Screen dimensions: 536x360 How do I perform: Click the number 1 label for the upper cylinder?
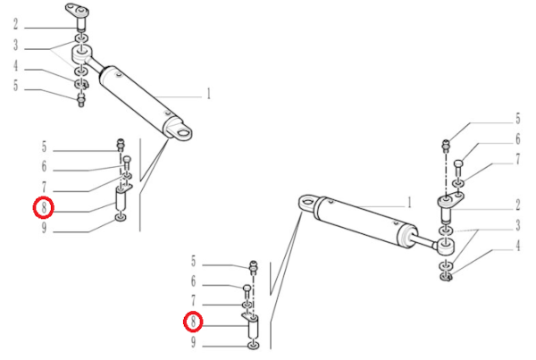coord(208,94)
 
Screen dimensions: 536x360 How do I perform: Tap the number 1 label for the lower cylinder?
coord(409,203)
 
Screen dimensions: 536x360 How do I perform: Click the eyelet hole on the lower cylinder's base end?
coord(307,201)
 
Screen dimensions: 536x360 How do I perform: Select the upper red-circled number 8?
coord(44,207)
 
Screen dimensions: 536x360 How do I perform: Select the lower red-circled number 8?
coord(194,322)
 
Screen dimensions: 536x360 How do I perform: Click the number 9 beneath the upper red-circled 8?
coord(44,228)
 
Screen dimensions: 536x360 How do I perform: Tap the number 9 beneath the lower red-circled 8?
coord(194,342)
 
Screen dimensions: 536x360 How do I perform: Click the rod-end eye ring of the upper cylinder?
coord(81,54)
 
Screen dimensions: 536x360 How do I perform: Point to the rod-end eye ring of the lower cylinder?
coord(446,247)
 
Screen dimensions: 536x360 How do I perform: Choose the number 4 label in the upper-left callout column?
coord(15,65)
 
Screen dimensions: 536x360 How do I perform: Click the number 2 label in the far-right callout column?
coord(517,205)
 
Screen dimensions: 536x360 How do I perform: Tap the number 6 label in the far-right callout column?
coord(517,139)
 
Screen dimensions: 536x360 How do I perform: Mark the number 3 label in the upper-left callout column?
coord(15,45)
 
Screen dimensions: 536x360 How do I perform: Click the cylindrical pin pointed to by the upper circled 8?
coord(121,201)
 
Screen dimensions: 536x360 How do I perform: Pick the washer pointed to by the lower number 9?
coord(253,346)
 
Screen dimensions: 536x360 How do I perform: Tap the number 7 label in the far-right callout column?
coord(517,159)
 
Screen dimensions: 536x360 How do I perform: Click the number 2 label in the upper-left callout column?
coord(15,24)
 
